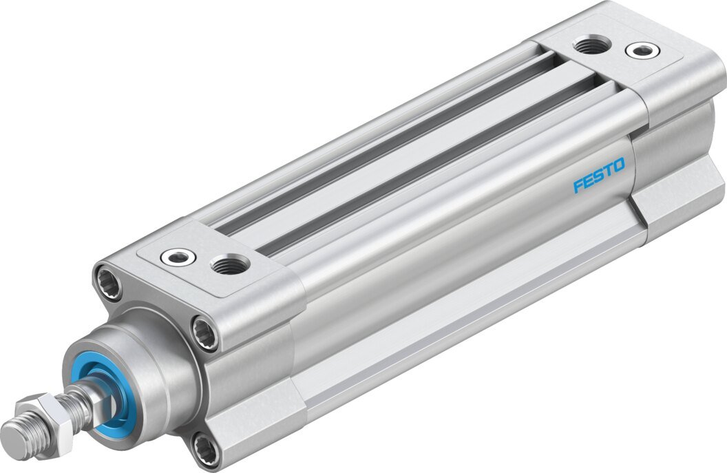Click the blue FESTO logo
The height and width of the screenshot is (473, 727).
coord(599,175)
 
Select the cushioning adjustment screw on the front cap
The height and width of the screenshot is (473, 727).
coord(178,257)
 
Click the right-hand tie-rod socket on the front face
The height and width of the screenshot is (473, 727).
coord(204,332)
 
